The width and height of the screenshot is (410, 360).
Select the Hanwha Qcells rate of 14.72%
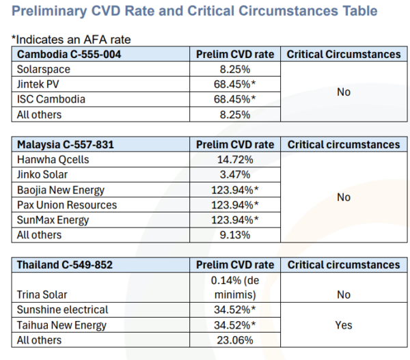point(234,159)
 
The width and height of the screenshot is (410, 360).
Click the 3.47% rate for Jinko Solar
point(234,174)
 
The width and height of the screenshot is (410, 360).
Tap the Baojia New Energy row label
point(61,189)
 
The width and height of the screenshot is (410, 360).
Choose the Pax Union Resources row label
point(66,204)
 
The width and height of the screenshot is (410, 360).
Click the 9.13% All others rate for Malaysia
point(234,234)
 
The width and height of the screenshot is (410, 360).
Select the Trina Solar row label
point(42,294)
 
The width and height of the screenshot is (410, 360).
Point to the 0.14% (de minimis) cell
point(234,287)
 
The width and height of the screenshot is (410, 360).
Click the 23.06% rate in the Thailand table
point(234,340)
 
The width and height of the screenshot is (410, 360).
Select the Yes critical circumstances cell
point(344,324)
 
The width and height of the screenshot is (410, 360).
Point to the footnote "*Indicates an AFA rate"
point(71,40)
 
